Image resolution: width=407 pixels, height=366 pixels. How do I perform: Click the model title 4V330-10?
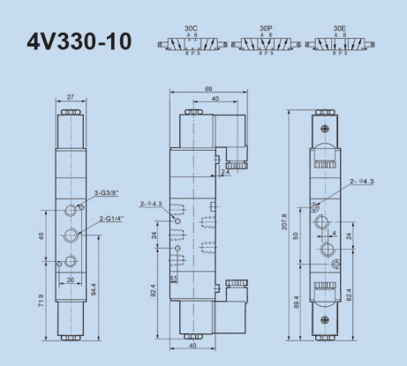[x=79, y=41]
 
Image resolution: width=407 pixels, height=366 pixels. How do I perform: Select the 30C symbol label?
[x=190, y=28]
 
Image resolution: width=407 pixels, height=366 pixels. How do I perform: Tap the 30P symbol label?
[x=265, y=28]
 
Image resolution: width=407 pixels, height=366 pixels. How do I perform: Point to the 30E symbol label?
[x=339, y=28]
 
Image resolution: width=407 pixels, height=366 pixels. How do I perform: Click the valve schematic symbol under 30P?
[x=265, y=43]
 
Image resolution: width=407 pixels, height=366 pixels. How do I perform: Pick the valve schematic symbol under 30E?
[x=339, y=43]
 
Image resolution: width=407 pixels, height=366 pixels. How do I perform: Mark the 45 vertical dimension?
[x=41, y=235]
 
